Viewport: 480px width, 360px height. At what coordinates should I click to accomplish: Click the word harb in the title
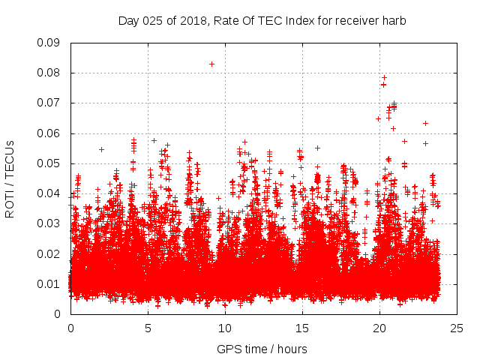point(394,21)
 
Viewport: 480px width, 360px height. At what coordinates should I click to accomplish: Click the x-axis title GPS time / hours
point(262,349)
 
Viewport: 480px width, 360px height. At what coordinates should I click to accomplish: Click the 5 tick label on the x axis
point(148,328)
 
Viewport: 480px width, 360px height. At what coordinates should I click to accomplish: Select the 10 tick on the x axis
point(225,328)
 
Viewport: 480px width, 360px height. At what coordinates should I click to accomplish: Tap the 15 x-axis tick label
point(302,328)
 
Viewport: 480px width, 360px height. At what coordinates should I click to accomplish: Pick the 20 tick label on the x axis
point(379,328)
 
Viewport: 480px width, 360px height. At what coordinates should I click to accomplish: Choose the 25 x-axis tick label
point(457,328)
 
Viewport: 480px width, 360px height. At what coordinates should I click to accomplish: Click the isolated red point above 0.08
point(212,64)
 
